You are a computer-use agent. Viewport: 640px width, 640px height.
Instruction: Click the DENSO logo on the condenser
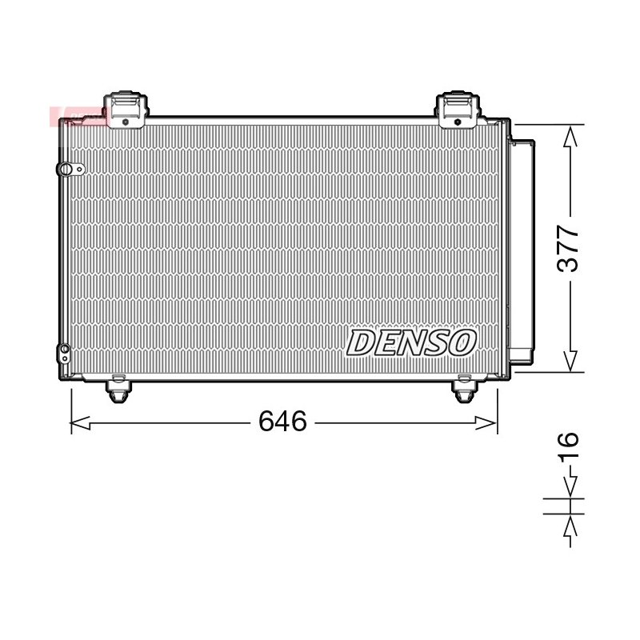[x=411, y=343]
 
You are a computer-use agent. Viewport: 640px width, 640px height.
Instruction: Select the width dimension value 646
[x=282, y=422]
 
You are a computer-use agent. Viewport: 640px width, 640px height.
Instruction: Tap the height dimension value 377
[x=568, y=248]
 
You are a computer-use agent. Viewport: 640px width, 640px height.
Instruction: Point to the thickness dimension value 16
[x=568, y=446]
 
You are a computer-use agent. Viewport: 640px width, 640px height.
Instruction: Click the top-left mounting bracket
[x=126, y=110]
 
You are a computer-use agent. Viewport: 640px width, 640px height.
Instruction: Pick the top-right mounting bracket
[x=458, y=110]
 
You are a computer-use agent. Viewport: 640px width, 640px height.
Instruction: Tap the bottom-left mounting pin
[x=118, y=390]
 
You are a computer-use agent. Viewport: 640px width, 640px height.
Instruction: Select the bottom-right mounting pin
[x=465, y=390]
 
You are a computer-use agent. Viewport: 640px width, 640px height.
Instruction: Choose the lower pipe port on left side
[x=64, y=354]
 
